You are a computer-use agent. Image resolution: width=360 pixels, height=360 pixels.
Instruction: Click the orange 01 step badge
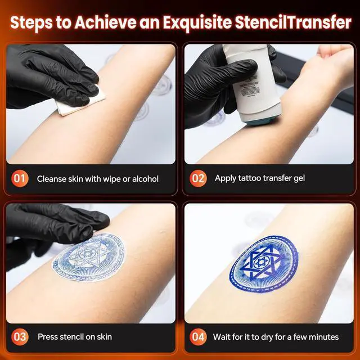[20, 178]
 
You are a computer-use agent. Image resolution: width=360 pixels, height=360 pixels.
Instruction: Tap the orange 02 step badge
[198, 178]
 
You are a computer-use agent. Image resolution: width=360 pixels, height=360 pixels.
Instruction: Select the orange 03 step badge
[20, 337]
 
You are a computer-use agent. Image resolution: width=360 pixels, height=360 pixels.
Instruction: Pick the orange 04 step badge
[198, 337]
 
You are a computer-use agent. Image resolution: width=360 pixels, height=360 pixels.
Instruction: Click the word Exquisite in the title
[197, 23]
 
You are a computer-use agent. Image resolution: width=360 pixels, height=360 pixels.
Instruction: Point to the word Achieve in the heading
[105, 22]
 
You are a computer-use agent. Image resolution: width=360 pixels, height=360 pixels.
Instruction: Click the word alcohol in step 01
[145, 179]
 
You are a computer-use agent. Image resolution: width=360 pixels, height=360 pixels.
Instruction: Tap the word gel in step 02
[298, 179]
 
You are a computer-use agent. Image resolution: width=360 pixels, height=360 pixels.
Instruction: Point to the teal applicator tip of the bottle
[260, 120]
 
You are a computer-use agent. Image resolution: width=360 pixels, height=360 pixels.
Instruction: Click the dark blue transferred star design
[264, 264]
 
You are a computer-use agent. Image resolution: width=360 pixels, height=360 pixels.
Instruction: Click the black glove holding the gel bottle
[225, 85]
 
